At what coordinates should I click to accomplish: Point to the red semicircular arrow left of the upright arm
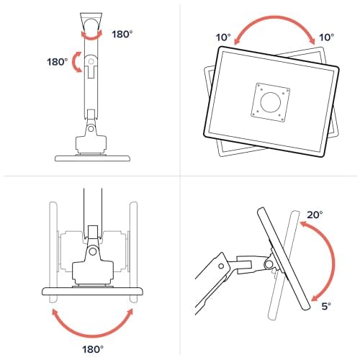73,63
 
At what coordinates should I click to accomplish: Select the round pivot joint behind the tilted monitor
268,264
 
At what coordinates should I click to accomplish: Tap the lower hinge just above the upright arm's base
90,128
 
